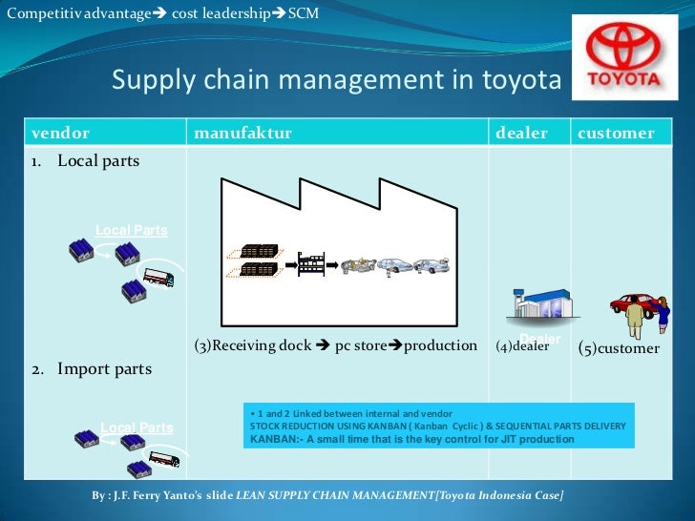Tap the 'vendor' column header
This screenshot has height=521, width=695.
tap(60, 133)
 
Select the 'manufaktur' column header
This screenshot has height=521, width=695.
tap(242, 133)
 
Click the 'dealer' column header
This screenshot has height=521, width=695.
tap(521, 133)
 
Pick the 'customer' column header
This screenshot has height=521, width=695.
tap(616, 133)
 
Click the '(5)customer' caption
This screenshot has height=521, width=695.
tap(619, 348)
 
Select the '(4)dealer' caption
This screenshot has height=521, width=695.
tap(522, 346)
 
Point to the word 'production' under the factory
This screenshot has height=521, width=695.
tap(440, 345)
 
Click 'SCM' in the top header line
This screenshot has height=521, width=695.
tap(303, 14)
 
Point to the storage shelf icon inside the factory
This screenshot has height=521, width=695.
tap(311, 260)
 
